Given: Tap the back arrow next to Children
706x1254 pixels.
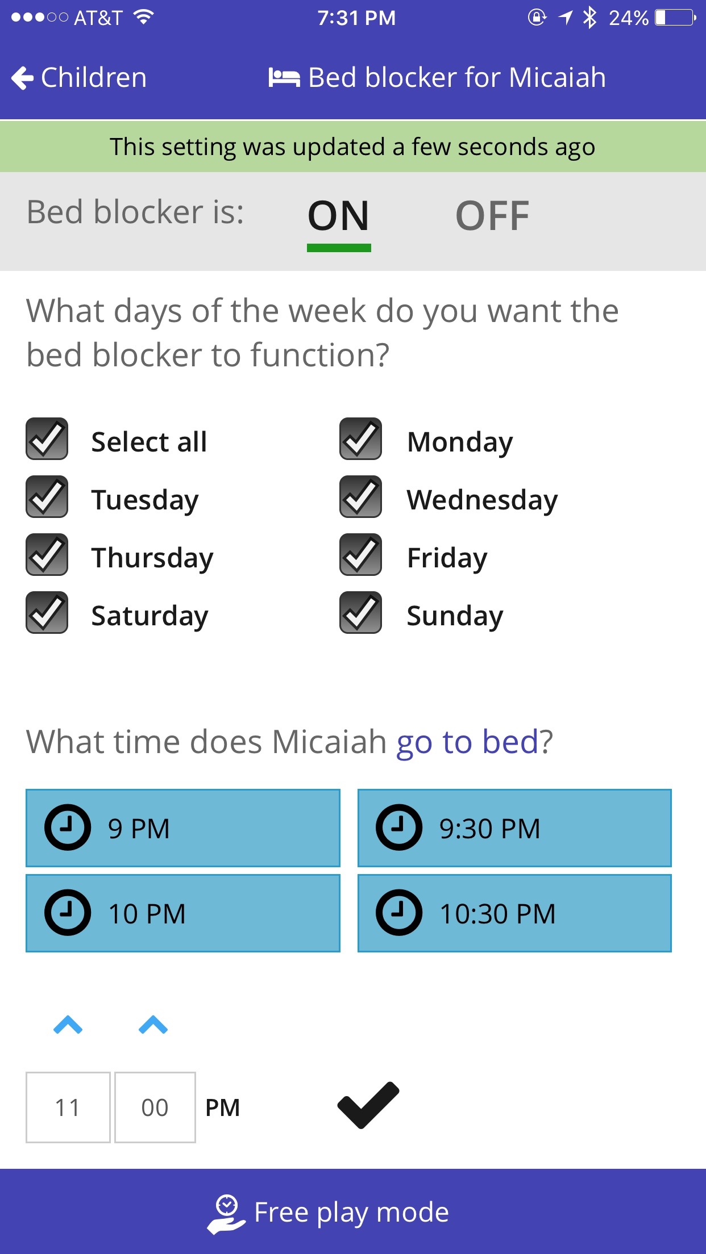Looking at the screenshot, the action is point(23,78).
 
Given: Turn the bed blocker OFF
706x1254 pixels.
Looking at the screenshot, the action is point(492,216).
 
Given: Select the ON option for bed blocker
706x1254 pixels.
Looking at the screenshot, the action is point(339,216).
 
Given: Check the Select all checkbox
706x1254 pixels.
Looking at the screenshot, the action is point(47,439).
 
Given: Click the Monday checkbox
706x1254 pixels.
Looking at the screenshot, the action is point(360,439).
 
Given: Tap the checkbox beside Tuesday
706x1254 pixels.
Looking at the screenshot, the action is point(47,497).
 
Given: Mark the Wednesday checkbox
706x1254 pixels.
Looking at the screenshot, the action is point(360,497).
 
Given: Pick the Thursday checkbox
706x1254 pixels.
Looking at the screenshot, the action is point(47,555).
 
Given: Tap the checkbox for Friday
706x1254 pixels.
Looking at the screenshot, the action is point(360,555).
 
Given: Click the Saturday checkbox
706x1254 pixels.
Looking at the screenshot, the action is point(47,613).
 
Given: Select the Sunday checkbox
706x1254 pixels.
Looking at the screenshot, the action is point(360,613).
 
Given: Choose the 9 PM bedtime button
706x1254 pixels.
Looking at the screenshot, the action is point(183,828).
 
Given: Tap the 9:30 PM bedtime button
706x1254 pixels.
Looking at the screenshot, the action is point(514,828).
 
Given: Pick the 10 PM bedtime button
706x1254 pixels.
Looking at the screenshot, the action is point(183,913).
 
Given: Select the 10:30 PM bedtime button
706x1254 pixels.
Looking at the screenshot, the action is point(514,913).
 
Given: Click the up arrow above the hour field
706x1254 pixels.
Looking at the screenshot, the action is point(68,1025).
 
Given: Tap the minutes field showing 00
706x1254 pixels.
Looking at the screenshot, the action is point(155,1107).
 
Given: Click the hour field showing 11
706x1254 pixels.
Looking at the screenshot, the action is point(68,1107).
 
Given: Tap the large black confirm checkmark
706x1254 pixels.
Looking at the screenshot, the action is point(368,1105).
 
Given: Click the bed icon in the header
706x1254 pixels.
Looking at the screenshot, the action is point(284,78).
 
